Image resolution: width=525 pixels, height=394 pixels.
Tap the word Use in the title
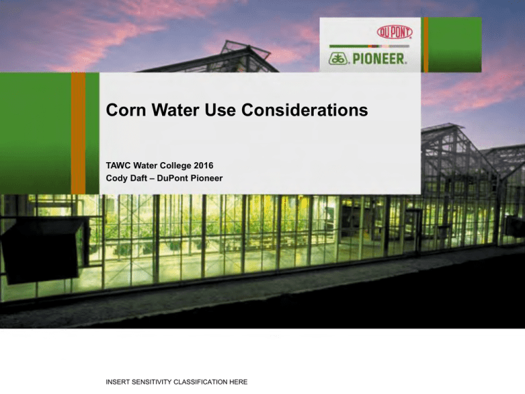click(219, 110)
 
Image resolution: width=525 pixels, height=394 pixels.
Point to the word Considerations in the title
click(304, 110)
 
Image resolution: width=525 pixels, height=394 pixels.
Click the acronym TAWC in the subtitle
click(118, 166)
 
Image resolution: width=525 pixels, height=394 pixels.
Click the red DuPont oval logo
click(394, 32)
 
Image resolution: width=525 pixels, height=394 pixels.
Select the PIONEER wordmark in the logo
click(379, 59)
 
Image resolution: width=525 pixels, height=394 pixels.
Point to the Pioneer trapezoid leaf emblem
click(339, 59)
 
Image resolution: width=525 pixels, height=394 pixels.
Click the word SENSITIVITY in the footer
click(152, 382)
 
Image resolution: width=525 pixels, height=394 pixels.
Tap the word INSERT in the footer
click(118, 382)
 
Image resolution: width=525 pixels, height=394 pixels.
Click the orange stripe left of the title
click(79, 133)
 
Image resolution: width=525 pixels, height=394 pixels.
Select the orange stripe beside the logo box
click(426, 44)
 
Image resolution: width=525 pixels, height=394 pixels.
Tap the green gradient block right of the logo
click(455, 44)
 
